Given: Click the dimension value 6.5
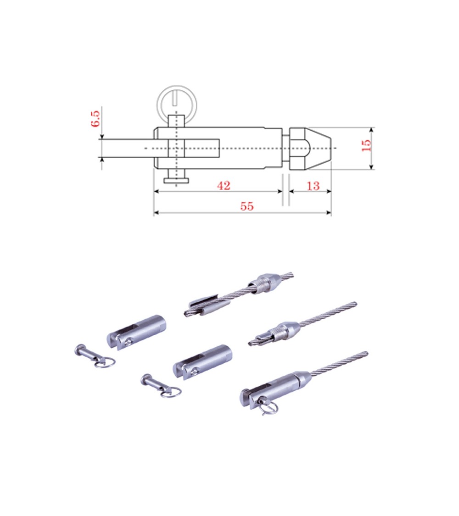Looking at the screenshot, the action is pyautogui.click(x=95, y=119).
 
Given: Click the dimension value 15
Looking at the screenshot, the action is pyautogui.click(x=366, y=145).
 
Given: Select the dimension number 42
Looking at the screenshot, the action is pyautogui.click(x=224, y=186).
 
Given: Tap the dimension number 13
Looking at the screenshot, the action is pyautogui.click(x=313, y=186).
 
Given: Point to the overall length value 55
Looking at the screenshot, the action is pyautogui.click(x=247, y=207).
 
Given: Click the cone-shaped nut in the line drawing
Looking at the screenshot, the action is pyautogui.click(x=310, y=149).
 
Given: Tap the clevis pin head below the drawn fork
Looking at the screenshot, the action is pyautogui.click(x=177, y=180).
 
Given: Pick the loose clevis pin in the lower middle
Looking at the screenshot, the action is pyautogui.click(x=160, y=386).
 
